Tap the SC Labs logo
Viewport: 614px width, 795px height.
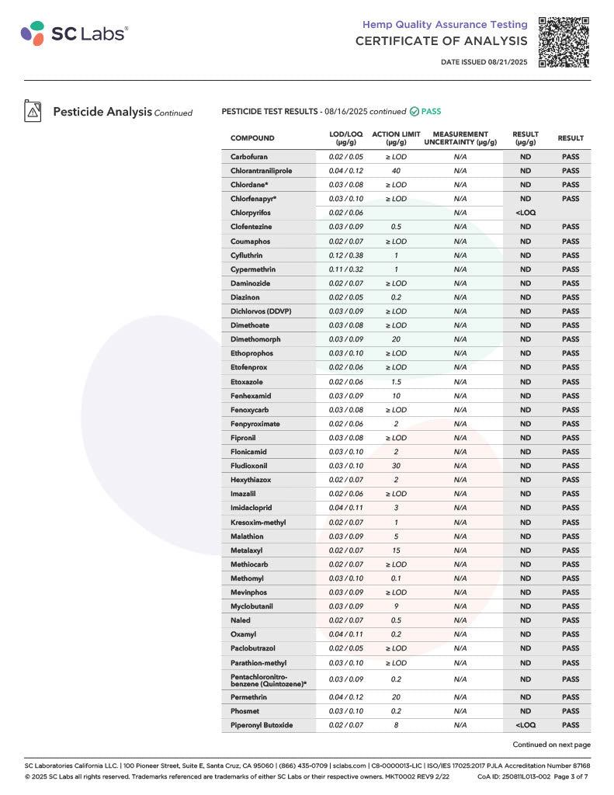pos(75,33)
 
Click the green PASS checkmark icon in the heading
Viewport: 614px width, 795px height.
pos(415,112)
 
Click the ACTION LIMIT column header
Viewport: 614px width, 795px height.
pos(396,138)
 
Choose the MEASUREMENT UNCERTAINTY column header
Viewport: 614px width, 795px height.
pos(460,138)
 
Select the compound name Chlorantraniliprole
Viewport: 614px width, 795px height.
pos(261,171)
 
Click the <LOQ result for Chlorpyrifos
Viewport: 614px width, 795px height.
pos(526,213)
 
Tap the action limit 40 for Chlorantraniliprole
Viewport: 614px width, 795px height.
pos(396,171)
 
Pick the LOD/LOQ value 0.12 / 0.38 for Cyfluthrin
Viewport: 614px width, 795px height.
pos(345,255)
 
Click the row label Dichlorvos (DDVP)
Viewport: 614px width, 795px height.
pos(261,311)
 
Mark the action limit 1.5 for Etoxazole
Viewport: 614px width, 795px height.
pos(396,382)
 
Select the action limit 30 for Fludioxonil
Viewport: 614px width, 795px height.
pos(396,466)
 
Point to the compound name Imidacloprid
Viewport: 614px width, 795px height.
pos(251,508)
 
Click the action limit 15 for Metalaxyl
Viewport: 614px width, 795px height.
pos(396,550)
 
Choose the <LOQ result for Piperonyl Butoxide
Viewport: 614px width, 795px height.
pos(526,725)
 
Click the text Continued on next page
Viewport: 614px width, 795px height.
pos(551,745)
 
